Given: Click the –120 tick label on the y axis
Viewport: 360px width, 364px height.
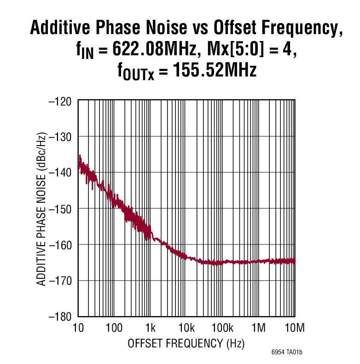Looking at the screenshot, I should tap(60, 100).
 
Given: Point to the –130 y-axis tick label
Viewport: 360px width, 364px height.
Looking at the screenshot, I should tap(60, 136).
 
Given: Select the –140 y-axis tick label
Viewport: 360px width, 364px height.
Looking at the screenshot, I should tap(60, 172).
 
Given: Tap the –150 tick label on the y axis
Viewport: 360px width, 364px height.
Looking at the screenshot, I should tap(60, 208).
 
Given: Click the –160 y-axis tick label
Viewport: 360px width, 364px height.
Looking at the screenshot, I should tap(60, 244).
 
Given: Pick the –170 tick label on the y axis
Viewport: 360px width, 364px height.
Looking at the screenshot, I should tap(60, 280).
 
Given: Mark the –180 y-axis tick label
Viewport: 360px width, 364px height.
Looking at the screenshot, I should tap(60, 316).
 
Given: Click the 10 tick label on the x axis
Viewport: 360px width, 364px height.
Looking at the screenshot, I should tap(78, 328).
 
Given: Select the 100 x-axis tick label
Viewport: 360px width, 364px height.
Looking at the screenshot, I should tap(114, 328).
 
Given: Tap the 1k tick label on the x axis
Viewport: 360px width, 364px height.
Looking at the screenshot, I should tap(151, 328).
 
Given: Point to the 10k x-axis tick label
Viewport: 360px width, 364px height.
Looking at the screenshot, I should tap(186, 328).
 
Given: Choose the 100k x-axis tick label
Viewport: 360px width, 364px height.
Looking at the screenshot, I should tap(222, 328).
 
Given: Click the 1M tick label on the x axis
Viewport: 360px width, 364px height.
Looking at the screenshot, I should tap(259, 328).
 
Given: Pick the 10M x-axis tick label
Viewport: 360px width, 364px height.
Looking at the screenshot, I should tap(295, 328).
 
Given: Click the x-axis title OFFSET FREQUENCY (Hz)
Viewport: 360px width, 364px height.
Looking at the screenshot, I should tap(186, 344).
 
